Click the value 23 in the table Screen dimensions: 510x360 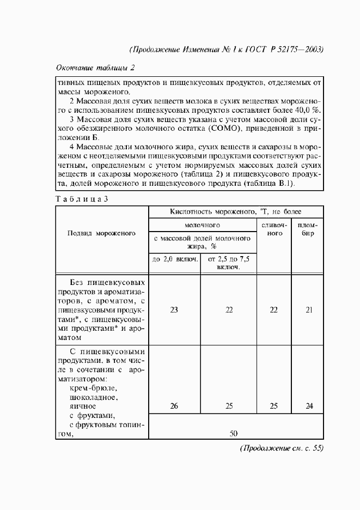tap(174, 309)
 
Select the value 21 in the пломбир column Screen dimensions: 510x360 tap(309, 309)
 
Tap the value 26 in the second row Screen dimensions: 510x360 tap(174, 406)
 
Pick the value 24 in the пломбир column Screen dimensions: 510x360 tap(309, 406)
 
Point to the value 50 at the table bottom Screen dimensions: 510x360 tap(234, 433)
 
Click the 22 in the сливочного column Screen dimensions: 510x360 tap(273, 309)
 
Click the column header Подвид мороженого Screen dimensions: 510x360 tap(101, 233)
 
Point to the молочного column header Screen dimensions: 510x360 tap(202, 224)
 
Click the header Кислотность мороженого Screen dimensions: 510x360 tap(229, 211)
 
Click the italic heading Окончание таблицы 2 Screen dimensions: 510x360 tap(95, 68)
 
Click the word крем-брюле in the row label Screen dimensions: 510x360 tap(93, 388)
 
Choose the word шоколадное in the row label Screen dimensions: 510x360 tap(94, 397)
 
